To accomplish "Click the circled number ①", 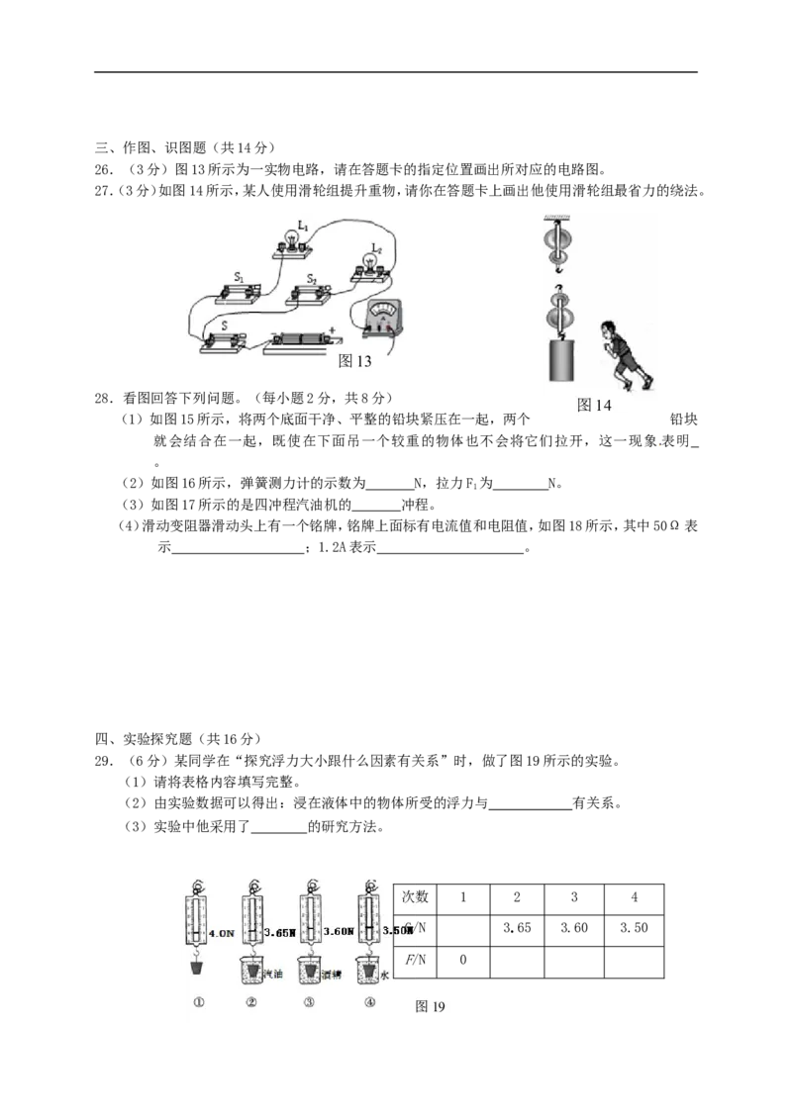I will pos(199,1001).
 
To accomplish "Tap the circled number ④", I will pos(369,1001).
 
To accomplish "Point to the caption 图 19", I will pos(431,1006).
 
